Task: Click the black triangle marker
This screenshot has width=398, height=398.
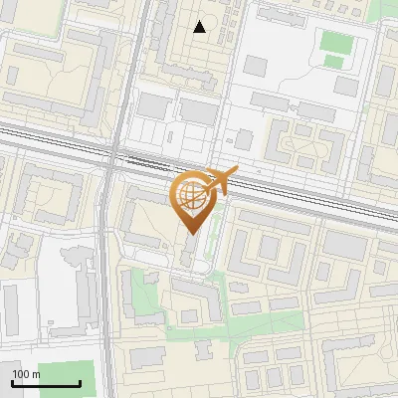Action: (x=200, y=27)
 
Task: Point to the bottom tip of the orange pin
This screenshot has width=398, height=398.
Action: (x=190, y=233)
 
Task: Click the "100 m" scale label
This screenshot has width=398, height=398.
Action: (x=26, y=374)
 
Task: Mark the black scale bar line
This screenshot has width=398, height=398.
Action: (x=46, y=384)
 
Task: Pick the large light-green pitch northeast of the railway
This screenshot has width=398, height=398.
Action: (x=336, y=44)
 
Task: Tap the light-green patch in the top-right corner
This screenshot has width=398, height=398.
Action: (x=388, y=10)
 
